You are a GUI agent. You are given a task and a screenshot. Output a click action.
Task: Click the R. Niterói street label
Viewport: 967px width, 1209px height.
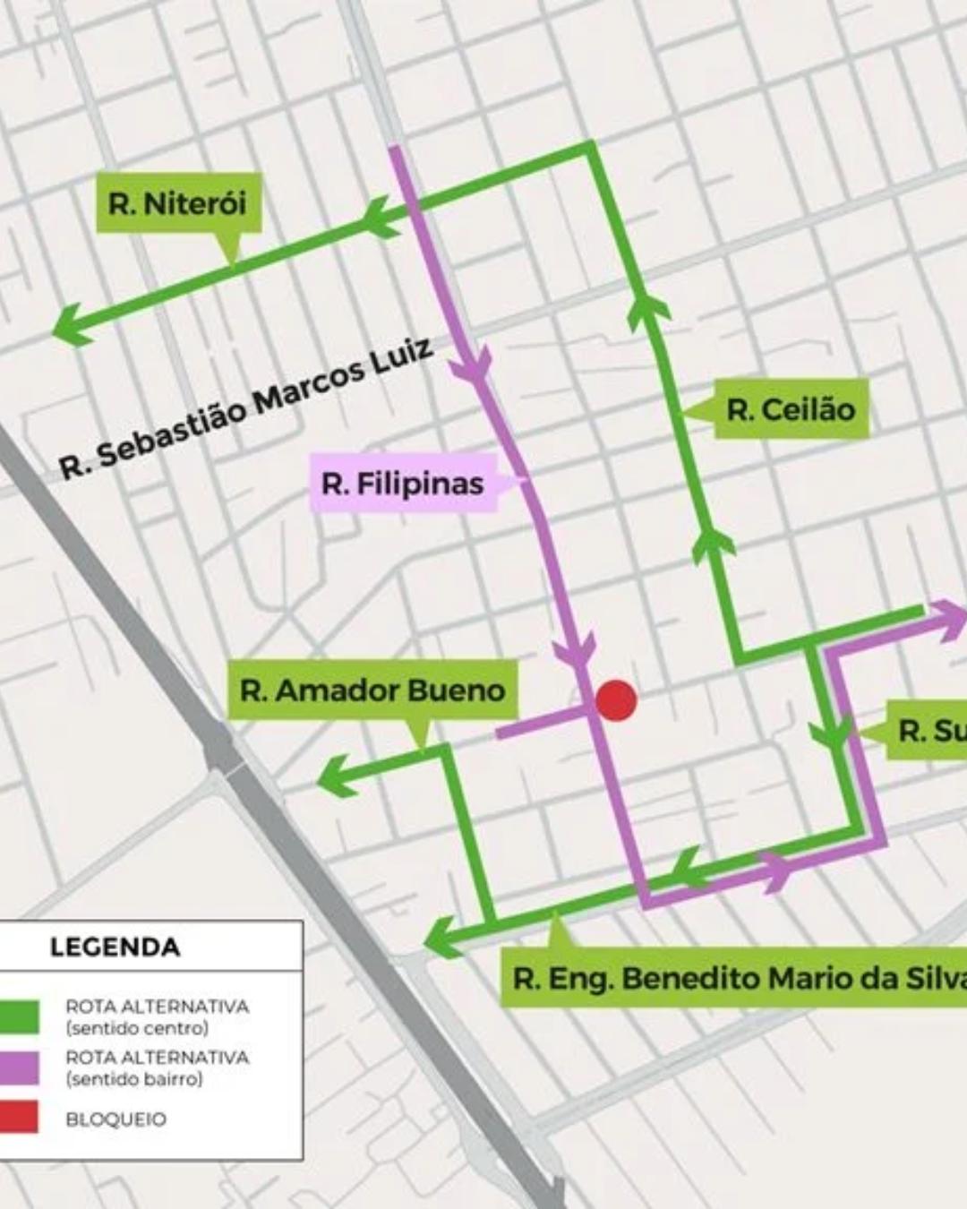click(x=177, y=203)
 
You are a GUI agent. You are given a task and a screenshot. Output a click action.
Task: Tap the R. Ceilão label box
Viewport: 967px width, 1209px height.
click(x=791, y=409)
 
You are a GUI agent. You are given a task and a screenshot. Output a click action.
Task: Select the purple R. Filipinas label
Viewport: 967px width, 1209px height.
click(x=403, y=484)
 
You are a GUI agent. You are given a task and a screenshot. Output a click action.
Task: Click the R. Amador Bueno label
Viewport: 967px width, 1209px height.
click(x=372, y=690)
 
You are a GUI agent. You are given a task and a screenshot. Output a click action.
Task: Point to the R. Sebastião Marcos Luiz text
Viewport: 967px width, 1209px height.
click(x=246, y=407)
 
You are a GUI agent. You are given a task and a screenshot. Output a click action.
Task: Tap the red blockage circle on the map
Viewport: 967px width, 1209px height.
click(x=616, y=700)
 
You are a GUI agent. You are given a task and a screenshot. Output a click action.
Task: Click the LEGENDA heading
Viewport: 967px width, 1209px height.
click(x=115, y=947)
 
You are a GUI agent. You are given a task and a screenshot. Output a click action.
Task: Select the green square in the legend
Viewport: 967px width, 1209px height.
click(x=20, y=1016)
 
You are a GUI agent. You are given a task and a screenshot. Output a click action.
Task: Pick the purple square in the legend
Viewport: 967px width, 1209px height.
click(x=20, y=1068)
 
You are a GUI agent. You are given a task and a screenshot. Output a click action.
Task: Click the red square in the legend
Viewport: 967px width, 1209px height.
click(x=20, y=1118)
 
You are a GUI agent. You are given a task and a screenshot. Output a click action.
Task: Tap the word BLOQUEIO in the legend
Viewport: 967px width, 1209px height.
click(x=116, y=1119)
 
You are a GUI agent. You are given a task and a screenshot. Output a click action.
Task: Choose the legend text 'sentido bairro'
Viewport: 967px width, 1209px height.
click(x=134, y=1079)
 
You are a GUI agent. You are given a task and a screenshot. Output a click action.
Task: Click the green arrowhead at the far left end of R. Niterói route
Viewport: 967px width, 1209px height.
click(x=72, y=324)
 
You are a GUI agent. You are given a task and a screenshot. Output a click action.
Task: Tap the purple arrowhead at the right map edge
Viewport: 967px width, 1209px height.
click(x=951, y=620)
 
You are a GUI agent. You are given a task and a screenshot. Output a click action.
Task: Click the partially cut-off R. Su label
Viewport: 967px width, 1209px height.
click(x=931, y=731)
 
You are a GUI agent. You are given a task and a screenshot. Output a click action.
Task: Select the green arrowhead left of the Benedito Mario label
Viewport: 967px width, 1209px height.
click(x=442, y=938)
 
